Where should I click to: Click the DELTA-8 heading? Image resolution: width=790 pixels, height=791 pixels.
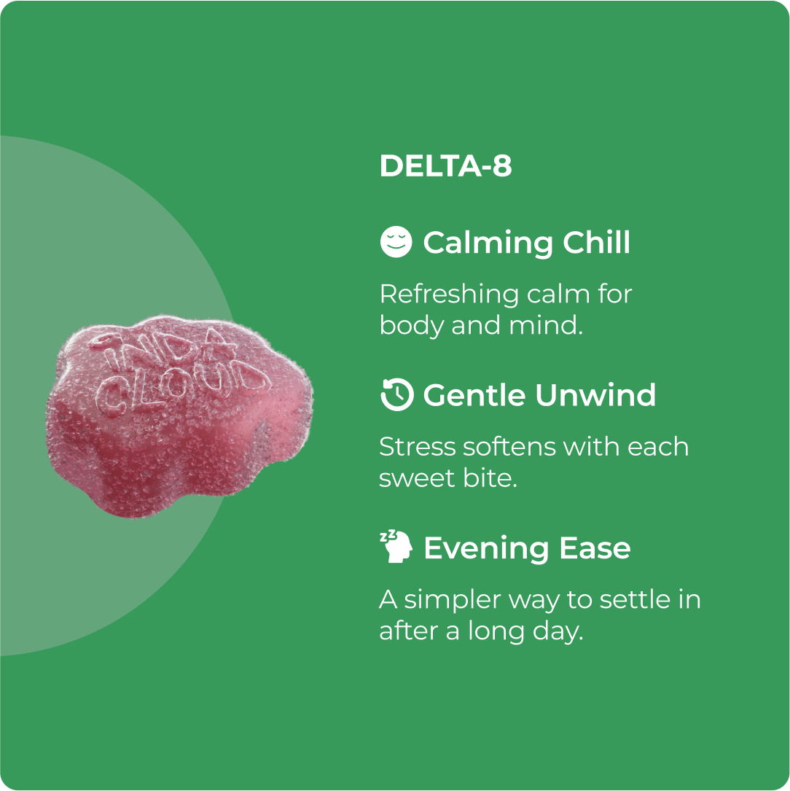tap(445, 166)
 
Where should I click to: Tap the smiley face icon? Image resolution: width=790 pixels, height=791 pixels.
tap(396, 242)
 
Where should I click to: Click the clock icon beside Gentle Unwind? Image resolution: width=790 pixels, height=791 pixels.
tap(396, 394)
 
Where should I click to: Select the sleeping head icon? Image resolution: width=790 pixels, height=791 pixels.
tap(396, 548)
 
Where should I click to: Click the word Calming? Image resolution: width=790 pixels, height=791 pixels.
tap(478, 243)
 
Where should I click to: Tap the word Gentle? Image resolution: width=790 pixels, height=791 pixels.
tap(474, 395)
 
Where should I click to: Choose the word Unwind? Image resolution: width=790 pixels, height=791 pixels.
tap(595, 395)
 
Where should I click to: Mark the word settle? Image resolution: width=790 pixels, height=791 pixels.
tap(628, 599)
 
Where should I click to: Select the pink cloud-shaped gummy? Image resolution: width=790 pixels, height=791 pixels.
tap(179, 416)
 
